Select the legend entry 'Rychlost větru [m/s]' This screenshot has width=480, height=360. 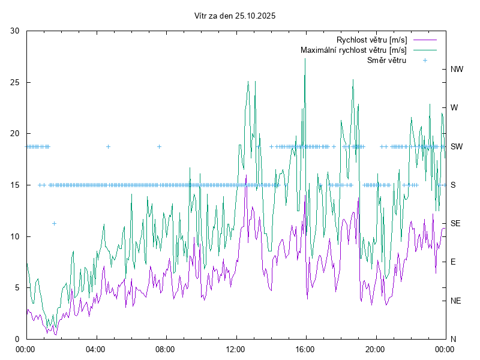click(x=371, y=40)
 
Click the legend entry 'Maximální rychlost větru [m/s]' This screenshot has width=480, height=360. click(x=353, y=50)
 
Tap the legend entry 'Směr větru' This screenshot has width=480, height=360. click(x=386, y=60)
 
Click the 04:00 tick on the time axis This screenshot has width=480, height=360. click(x=95, y=349)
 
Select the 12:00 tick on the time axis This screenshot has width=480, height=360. click(x=235, y=349)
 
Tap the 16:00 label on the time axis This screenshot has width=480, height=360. click(x=305, y=349)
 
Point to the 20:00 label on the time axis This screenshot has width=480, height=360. click(x=376, y=349)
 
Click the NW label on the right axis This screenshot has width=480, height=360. click(x=457, y=70)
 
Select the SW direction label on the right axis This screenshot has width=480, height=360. click(x=457, y=146)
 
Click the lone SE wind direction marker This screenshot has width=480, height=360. click(x=54, y=223)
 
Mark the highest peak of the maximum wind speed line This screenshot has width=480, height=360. click(x=305, y=59)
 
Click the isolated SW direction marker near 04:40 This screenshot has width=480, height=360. click(x=108, y=146)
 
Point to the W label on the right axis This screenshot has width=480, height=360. click(x=454, y=108)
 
